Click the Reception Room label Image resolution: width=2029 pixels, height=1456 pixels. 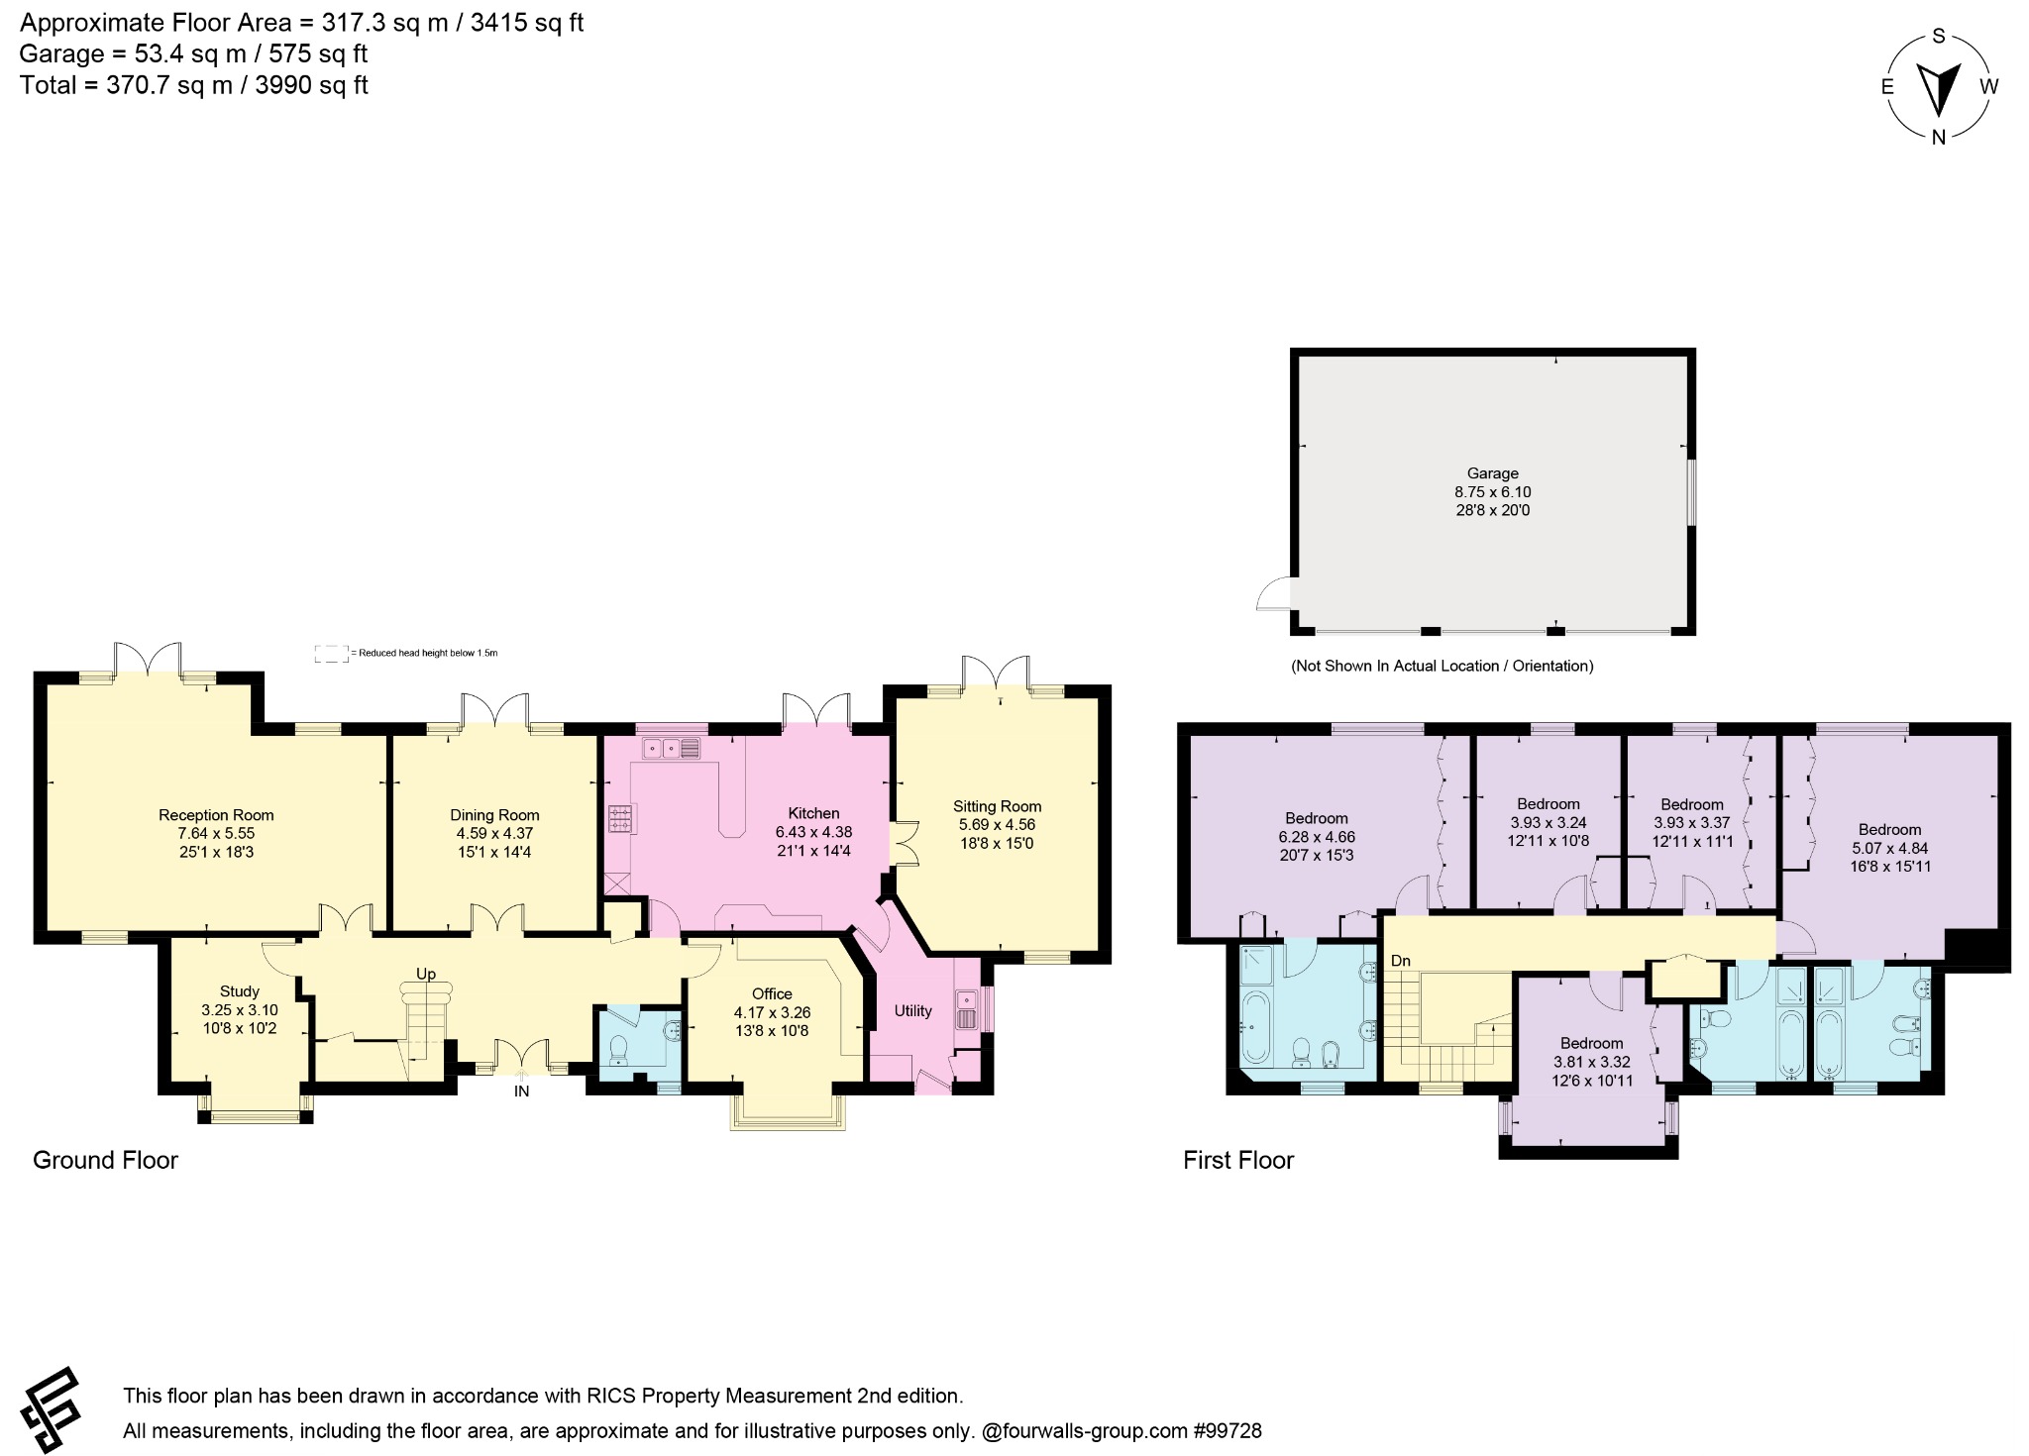tap(216, 815)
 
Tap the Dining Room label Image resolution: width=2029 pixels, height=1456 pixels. tap(494, 815)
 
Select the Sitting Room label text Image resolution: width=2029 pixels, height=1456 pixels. tap(997, 806)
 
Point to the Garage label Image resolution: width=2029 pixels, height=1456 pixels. tap(1492, 473)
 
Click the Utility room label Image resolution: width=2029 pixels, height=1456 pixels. tap(912, 1010)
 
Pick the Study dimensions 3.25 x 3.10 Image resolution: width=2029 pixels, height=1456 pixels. tap(239, 1010)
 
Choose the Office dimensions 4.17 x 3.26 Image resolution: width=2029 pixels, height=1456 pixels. tap(772, 1013)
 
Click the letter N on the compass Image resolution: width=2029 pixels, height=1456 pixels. tap(1939, 138)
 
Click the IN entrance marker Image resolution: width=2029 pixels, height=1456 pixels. tap(521, 1092)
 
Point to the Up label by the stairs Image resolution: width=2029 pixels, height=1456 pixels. tap(426, 974)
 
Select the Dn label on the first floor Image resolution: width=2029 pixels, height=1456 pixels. tap(1400, 961)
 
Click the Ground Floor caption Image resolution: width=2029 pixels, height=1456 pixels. tap(105, 1160)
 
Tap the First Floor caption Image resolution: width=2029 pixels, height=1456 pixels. tap(1238, 1160)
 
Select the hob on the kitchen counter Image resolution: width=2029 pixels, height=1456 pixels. tap(622, 818)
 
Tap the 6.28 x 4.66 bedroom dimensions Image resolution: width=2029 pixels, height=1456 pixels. tap(1317, 837)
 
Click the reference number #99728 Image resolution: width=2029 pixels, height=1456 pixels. tap(1228, 1430)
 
